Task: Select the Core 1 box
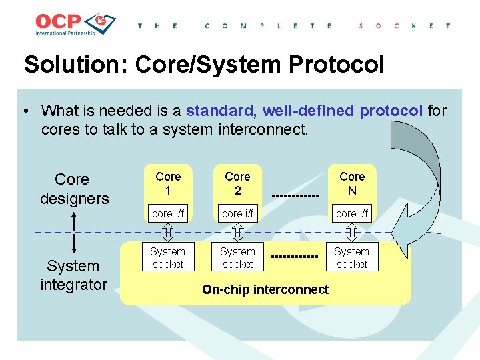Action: (168, 183)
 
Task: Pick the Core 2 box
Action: (237, 183)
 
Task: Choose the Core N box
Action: (352, 183)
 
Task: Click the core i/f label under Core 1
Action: (168, 213)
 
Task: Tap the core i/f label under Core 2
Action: (237, 213)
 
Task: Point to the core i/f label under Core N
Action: (352, 213)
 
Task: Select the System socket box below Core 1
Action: (168, 257)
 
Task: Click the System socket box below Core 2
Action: (237, 257)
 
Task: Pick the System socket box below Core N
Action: (352, 257)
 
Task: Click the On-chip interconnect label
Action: (265, 289)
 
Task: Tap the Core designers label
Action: (73, 189)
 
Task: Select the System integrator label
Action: (73, 275)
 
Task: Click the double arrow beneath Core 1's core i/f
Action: (168, 232)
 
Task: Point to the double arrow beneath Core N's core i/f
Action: (352, 232)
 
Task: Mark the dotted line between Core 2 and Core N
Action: (295, 196)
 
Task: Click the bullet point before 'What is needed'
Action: (25, 111)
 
